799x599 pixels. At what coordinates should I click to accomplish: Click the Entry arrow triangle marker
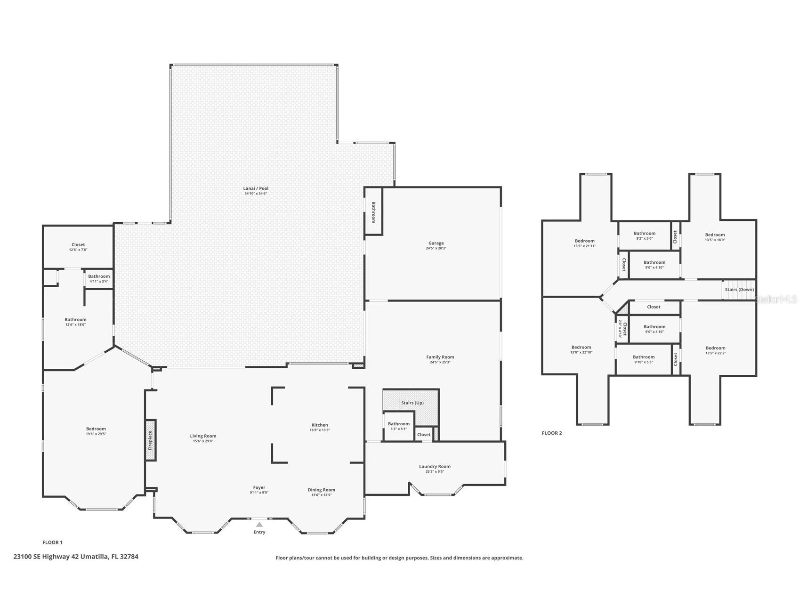[x=259, y=524]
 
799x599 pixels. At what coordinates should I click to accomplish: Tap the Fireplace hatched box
[x=151, y=440]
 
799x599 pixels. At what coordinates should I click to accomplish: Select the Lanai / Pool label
[x=256, y=188]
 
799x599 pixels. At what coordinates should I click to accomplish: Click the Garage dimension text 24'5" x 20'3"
[x=436, y=248]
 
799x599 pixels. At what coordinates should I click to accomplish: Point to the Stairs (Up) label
[x=412, y=403]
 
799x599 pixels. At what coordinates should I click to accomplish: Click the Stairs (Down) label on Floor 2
[x=739, y=290]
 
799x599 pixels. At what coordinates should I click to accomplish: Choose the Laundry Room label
[x=435, y=466]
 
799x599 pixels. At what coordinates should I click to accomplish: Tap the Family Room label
[x=440, y=357]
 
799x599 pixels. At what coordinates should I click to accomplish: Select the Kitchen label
[x=320, y=425]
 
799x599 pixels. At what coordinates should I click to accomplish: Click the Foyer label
[x=259, y=487]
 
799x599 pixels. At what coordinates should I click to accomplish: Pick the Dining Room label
[x=322, y=490]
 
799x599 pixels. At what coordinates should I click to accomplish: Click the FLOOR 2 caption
[x=552, y=433]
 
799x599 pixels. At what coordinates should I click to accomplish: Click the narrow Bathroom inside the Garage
[x=374, y=212]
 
